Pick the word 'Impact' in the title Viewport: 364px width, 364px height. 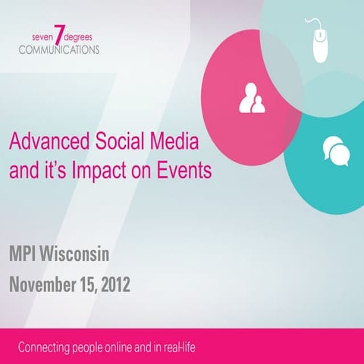[x=95, y=170]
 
